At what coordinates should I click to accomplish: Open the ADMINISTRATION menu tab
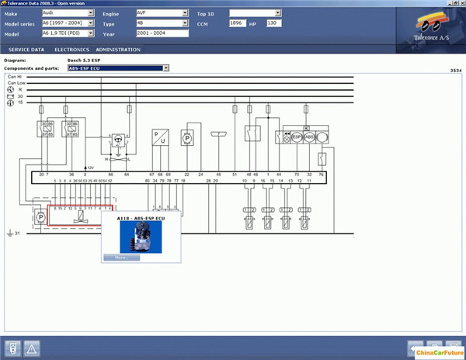tap(118, 50)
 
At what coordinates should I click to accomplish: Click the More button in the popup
tap(120, 257)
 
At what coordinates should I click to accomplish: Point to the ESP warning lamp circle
tap(296, 137)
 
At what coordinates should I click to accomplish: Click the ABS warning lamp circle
tap(309, 137)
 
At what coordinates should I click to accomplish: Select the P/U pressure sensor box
tap(160, 137)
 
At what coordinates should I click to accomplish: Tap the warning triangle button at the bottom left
tap(32, 347)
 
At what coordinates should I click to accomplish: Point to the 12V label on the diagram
tap(90, 167)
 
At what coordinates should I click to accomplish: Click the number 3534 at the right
tap(456, 71)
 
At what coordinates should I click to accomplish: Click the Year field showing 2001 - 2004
tap(162, 33)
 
